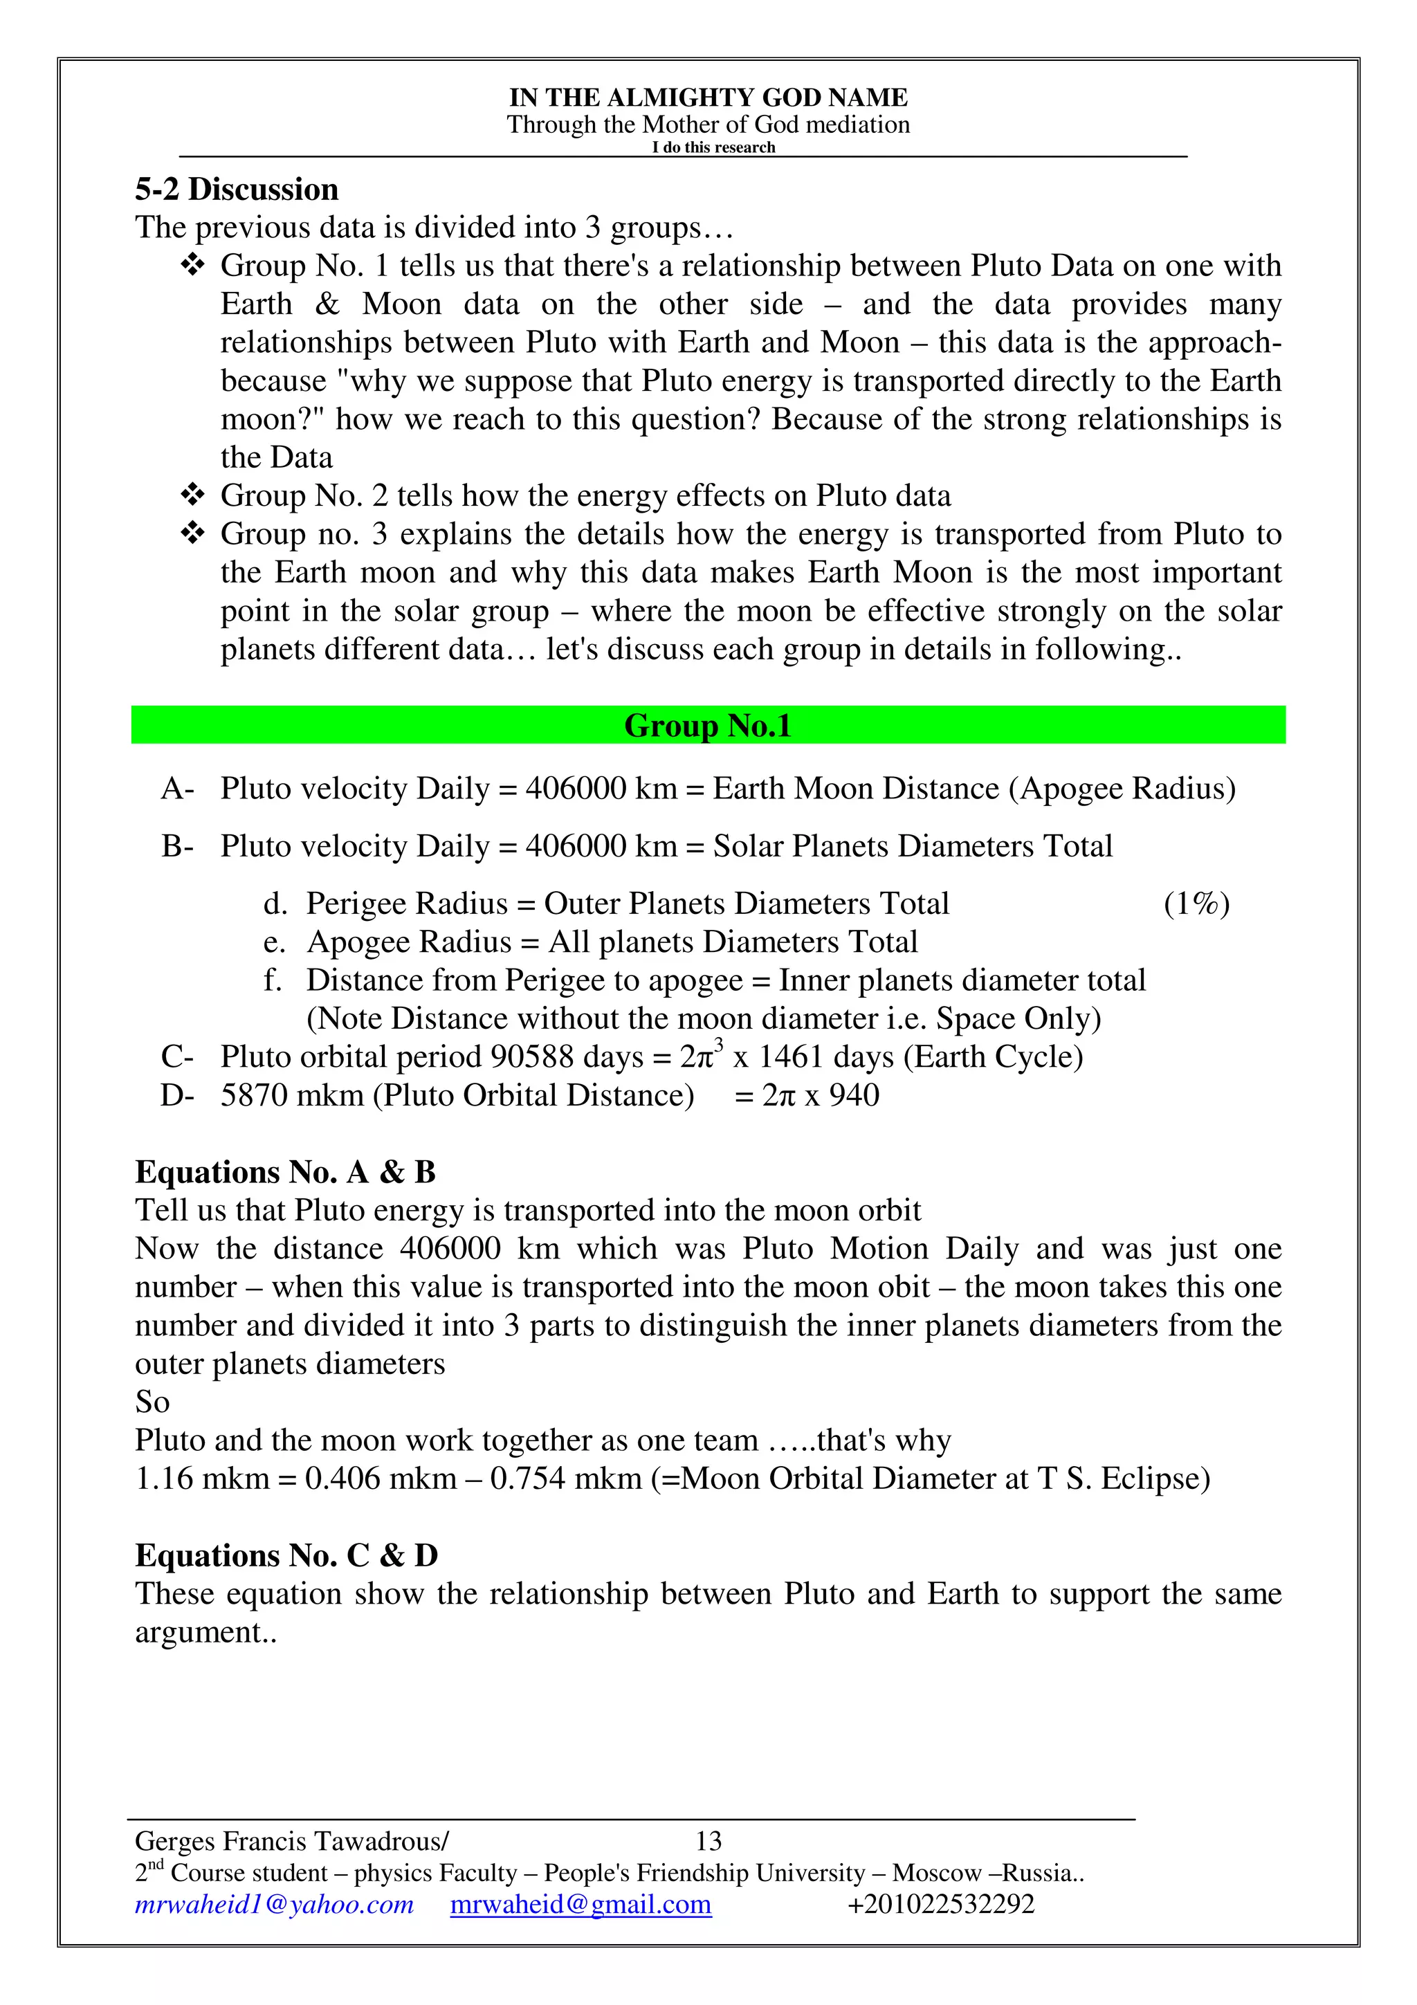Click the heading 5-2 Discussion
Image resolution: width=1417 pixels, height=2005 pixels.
237,190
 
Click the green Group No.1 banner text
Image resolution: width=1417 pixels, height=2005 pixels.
707,726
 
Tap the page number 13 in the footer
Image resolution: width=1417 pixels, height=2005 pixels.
708,1842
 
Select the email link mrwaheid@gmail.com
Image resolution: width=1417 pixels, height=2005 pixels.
580,1905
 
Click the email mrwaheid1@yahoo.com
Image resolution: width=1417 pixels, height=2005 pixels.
274,1905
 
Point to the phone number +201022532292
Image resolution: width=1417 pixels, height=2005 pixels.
940,1905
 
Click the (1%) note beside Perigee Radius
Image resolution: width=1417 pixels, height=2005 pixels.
1196,904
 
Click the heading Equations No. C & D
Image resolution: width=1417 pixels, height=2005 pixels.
286,1555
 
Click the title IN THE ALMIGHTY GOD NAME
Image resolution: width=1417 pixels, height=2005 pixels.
708,97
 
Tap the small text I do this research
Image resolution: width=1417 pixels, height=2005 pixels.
713,147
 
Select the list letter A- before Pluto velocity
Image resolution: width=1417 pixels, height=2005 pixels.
177,789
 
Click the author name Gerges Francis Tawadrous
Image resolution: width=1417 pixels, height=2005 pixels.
291,1842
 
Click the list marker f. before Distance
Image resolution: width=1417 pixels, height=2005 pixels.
273,980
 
